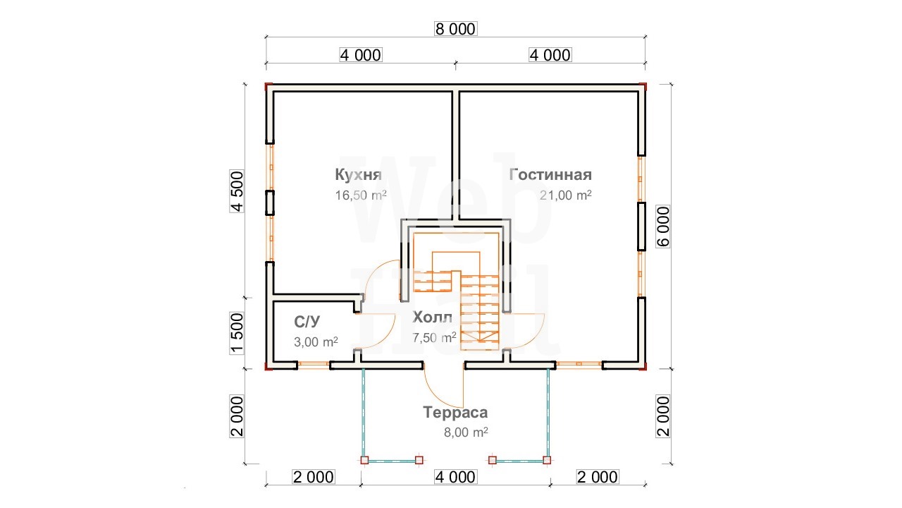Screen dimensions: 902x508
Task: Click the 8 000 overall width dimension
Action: pyautogui.click(x=456, y=29)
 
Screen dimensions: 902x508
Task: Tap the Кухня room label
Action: pyautogui.click(x=359, y=174)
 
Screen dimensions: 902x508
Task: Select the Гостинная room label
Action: pyautogui.click(x=550, y=174)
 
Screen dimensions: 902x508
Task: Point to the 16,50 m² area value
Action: pyautogui.click(x=361, y=195)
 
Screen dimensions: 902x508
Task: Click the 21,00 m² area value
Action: pyautogui.click(x=566, y=195)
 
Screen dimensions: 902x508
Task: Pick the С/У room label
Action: pyautogui.click(x=307, y=322)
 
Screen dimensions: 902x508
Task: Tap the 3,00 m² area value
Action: pyautogui.click(x=316, y=342)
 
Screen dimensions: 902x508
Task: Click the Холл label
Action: pyautogui.click(x=433, y=317)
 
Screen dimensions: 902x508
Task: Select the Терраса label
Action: pyautogui.click(x=455, y=412)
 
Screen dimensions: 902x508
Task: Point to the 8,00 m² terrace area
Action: pyautogui.click(x=466, y=433)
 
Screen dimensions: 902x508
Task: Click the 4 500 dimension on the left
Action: pyautogui.click(x=237, y=191)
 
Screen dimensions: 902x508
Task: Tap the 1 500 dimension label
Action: pyautogui.click(x=237, y=333)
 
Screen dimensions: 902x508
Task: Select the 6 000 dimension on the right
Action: pyautogui.click(x=663, y=226)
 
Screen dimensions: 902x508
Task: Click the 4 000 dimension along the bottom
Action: pyautogui.click(x=456, y=477)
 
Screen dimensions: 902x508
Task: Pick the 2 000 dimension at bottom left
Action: pyautogui.click(x=314, y=477)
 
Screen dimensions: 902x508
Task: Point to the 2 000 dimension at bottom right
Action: pyautogui.click(x=598, y=477)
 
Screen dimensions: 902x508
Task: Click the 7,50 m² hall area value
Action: pyautogui.click(x=435, y=337)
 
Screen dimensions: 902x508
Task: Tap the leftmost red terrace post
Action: pyautogui.click(x=364, y=460)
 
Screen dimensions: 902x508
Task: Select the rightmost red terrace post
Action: pyautogui.click(x=547, y=460)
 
